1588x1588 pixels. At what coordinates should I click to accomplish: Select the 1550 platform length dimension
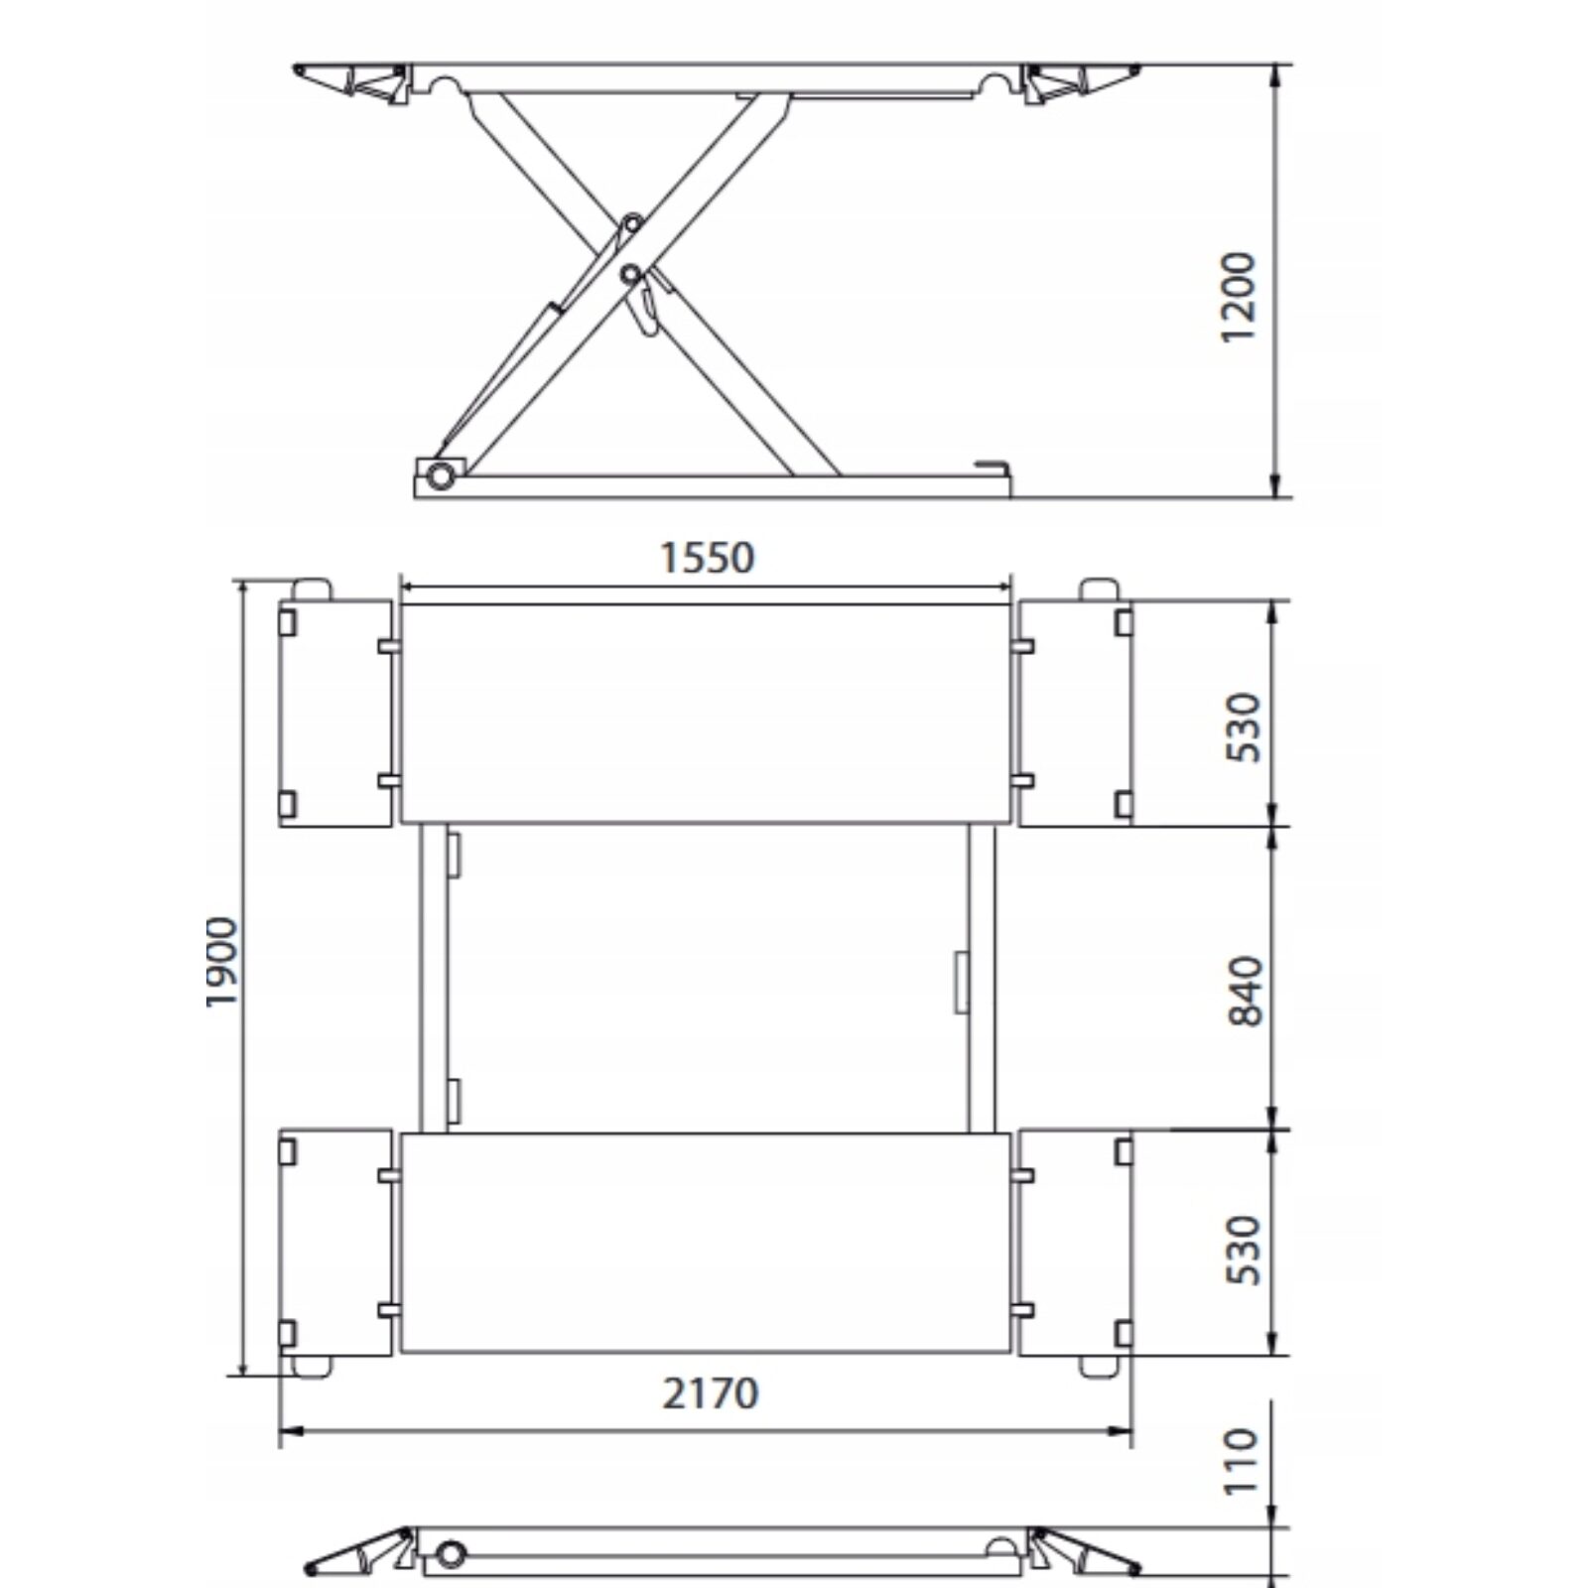(708, 559)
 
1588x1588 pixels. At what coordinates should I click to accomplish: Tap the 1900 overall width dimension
(222, 963)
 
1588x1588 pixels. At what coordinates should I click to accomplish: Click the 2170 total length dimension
(711, 1393)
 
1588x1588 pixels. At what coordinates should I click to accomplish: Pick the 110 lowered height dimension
(1240, 1461)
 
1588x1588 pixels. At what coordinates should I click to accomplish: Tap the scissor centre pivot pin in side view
(630, 272)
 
